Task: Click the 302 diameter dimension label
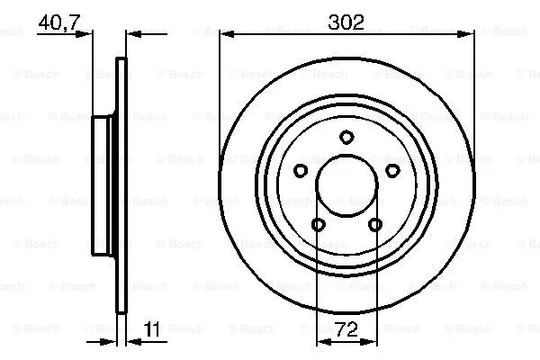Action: pyautogui.click(x=347, y=22)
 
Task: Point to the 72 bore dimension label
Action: pyautogui.click(x=346, y=330)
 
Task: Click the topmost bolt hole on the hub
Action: pyautogui.click(x=346, y=137)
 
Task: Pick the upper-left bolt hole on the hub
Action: pyautogui.click(x=301, y=171)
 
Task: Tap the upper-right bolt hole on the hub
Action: pyautogui.click(x=392, y=171)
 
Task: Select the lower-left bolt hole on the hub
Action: pyautogui.click(x=318, y=225)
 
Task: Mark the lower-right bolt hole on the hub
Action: pyautogui.click(x=375, y=225)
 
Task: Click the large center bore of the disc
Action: pyautogui.click(x=346, y=186)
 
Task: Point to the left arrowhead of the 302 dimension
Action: pyautogui.click(x=225, y=35)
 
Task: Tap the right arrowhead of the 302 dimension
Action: pyautogui.click(x=468, y=35)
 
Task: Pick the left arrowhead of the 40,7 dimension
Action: pyautogui.click(x=88, y=35)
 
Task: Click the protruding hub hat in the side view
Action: pyautogui.click(x=103, y=186)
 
